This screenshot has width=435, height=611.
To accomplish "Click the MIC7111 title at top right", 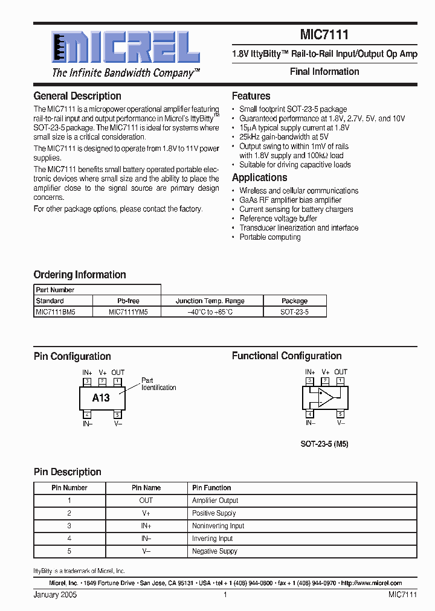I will coord(324,36).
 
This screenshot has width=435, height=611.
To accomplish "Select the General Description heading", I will coord(77,96).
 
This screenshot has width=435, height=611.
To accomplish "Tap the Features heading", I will coord(251,96).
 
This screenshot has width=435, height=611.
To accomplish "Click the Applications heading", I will coord(260,178).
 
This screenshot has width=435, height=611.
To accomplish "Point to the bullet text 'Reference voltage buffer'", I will coord(279,219).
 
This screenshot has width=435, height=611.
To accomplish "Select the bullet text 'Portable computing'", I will coord(270,237).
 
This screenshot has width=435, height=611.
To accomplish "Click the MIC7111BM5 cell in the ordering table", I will coord(55,312).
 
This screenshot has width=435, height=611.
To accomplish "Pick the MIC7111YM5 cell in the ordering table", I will coord(128,312).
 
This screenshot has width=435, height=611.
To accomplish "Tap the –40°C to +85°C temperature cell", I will coord(210,312).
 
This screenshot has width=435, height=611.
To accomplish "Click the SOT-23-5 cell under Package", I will coord(294,312).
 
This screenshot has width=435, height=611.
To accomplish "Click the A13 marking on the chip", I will coord(101,398).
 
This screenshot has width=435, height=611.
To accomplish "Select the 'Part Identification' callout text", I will coord(158,384).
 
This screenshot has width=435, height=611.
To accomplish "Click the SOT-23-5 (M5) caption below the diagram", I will coord(324,444).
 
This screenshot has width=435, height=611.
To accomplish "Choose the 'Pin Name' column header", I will coord(146,488).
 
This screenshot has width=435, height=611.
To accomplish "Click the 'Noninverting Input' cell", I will coord(218,526).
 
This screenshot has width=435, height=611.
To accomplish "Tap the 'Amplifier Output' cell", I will coord(215,501).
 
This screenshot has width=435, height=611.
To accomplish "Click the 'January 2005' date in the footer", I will coord(55,595).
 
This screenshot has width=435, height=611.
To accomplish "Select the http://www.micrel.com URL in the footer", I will coord(371,583).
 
